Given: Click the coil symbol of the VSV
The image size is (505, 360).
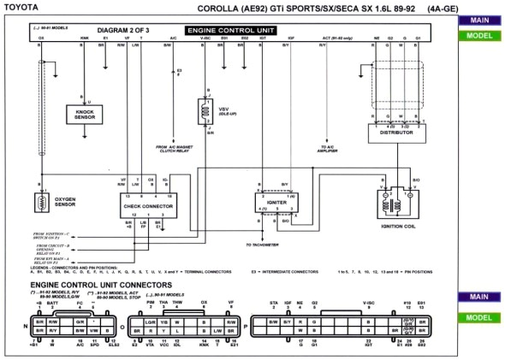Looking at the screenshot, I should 205,109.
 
